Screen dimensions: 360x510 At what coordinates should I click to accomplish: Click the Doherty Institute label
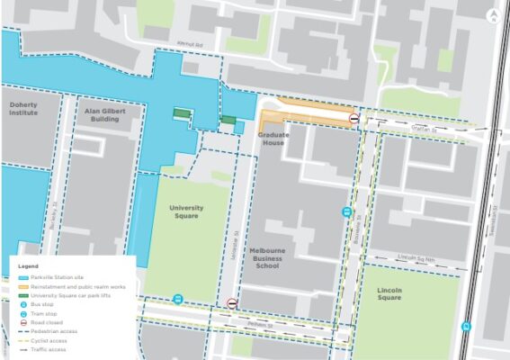(x=23, y=109)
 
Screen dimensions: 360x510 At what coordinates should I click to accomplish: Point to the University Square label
(x=186, y=211)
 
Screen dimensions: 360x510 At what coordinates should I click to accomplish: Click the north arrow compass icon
(x=493, y=15)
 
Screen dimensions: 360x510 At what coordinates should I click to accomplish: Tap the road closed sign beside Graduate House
(x=354, y=118)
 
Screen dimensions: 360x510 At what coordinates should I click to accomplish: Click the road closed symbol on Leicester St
(x=232, y=303)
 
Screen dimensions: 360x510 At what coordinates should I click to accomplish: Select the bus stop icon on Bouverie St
(x=346, y=212)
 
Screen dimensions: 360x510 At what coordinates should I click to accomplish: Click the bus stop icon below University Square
(x=178, y=299)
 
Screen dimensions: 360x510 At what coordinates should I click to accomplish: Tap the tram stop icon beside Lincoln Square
(x=466, y=326)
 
